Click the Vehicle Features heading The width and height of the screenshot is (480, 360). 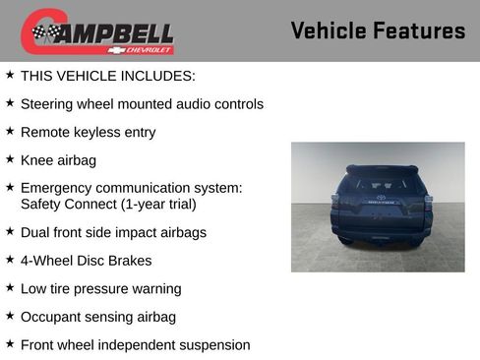tap(378, 31)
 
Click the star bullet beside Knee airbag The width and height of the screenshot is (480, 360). tap(10, 157)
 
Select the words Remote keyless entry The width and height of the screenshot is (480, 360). tap(88, 132)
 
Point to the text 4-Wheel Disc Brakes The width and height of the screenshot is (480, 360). tap(86, 261)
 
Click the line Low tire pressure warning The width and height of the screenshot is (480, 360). tap(100, 288)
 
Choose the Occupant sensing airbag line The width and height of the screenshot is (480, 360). tap(97, 317)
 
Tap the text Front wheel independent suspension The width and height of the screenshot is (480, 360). tap(135, 344)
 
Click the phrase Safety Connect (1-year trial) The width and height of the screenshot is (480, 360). tap(108, 204)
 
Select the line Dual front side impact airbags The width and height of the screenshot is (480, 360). tap(113, 232)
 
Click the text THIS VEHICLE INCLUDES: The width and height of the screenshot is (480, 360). tap(107, 75)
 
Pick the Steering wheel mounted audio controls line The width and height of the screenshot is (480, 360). tap(142, 103)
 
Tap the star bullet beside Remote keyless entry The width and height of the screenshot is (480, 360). tap(10, 130)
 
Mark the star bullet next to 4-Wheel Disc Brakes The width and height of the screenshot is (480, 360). tap(10, 259)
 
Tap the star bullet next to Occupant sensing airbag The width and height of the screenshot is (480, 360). tap(10, 315)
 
